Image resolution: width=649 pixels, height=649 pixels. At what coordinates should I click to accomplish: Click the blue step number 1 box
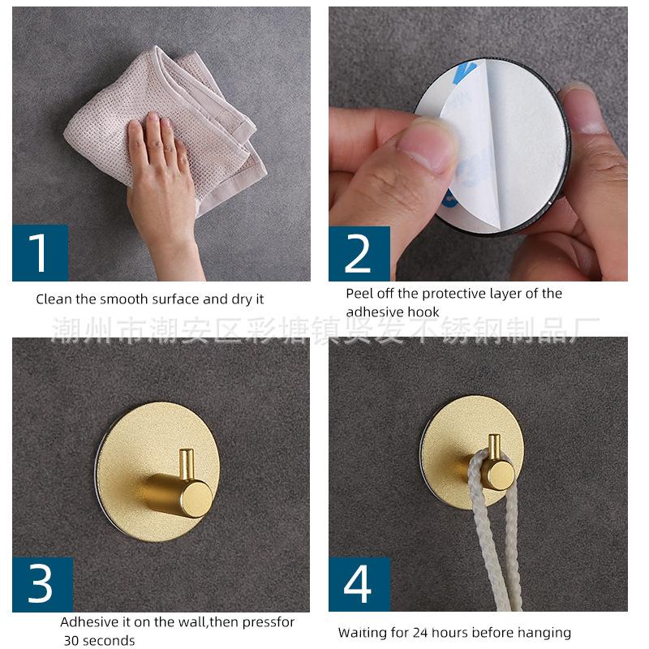tap(40, 253)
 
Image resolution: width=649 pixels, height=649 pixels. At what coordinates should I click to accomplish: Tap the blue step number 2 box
tap(359, 254)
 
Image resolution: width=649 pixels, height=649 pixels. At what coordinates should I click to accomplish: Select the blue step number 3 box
tap(43, 584)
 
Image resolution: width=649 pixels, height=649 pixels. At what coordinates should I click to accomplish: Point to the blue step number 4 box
tap(359, 584)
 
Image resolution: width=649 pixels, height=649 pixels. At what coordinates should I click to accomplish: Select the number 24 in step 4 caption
tap(420, 633)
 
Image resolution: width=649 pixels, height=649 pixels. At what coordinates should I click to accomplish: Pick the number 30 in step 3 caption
tap(71, 640)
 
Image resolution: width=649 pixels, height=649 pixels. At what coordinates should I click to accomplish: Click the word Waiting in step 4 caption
tap(362, 633)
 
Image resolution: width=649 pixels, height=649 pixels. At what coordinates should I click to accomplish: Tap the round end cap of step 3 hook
tap(196, 499)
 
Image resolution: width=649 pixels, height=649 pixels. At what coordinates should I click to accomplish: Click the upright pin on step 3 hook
tap(187, 464)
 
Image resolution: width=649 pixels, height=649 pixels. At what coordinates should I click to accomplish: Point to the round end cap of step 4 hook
tap(500, 476)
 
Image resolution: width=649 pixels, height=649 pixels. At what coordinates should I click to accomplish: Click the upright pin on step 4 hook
tap(494, 447)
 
